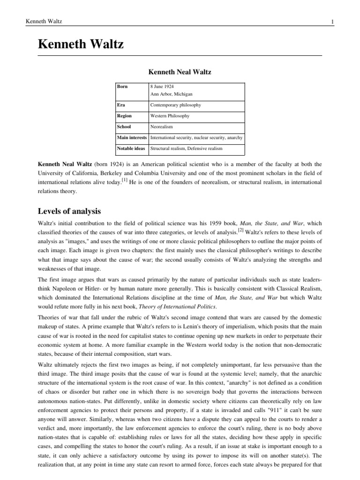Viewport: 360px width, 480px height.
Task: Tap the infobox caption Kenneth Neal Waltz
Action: pyautogui.click(x=180, y=73)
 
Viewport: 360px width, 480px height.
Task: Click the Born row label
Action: pyautogui.click(x=123, y=87)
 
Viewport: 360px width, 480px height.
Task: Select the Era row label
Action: pyautogui.click(x=121, y=105)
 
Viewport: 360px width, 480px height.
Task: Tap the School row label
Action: pyautogui.click(x=124, y=127)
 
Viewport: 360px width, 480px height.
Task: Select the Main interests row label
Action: pyautogui.click(x=132, y=138)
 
